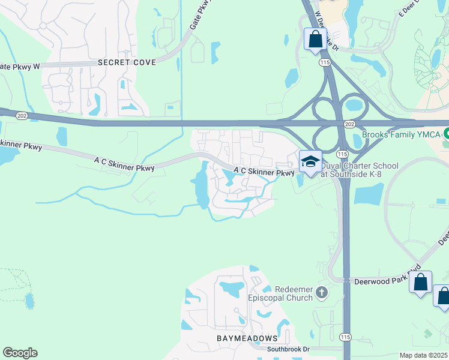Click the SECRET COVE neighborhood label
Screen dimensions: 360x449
coord(127,62)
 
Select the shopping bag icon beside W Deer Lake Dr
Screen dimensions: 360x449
coord(315,40)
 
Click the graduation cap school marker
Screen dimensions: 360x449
coord(310,161)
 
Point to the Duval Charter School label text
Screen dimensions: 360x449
coord(360,170)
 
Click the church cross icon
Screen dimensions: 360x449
coord(322,293)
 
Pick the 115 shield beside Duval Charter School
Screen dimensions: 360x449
coord(341,154)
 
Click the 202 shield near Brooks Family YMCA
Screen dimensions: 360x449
coord(349,123)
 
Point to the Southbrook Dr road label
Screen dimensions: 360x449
coord(288,349)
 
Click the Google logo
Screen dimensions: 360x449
coord(20,353)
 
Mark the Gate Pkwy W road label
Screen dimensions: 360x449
coord(19,67)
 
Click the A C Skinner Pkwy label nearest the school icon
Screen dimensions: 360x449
coord(264,172)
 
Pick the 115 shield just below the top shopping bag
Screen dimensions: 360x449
coord(325,62)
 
